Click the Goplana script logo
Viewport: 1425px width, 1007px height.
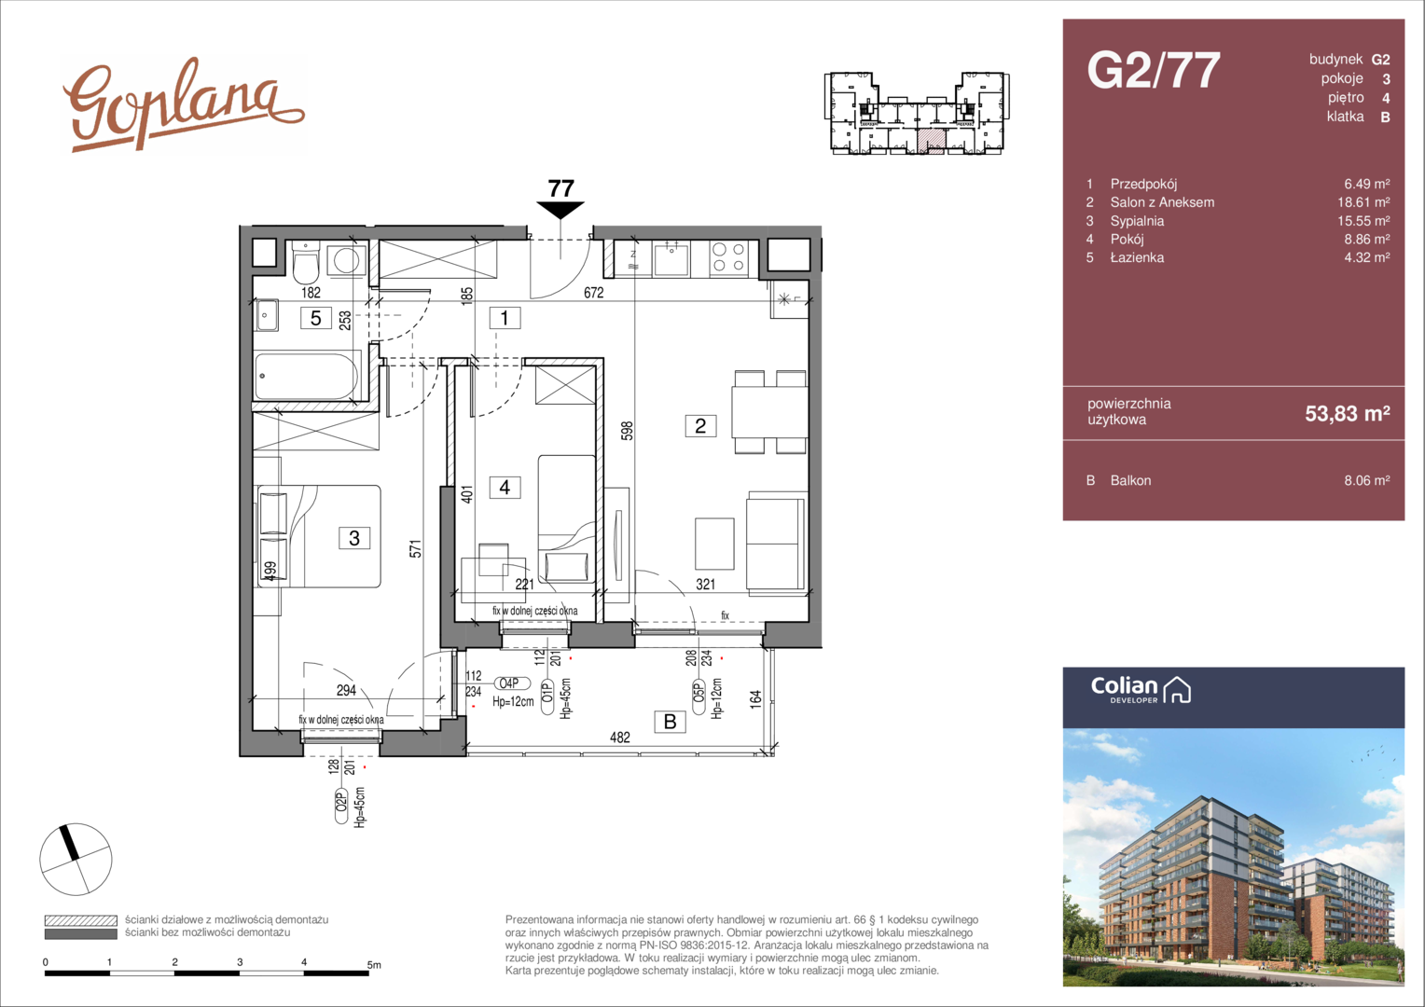click(183, 105)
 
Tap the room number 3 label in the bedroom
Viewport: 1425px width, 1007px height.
click(354, 538)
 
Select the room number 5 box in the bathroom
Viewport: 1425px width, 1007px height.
click(315, 317)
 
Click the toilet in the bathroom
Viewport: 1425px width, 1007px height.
click(306, 263)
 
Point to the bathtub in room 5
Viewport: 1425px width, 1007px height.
click(307, 376)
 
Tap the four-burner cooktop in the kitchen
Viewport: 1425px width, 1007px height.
click(728, 258)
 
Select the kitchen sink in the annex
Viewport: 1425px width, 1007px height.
click(671, 258)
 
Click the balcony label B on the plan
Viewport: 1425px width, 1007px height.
click(670, 722)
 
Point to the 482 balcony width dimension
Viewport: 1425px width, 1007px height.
click(619, 738)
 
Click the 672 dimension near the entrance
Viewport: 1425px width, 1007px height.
click(593, 293)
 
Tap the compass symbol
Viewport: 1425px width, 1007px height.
click(76, 860)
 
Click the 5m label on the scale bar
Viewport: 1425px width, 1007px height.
click(374, 965)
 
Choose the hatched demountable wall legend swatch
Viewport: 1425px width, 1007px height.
click(81, 920)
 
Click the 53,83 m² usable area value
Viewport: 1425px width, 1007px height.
click(1348, 413)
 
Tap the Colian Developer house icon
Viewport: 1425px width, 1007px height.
click(1177, 690)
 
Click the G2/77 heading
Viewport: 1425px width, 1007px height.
click(1154, 70)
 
